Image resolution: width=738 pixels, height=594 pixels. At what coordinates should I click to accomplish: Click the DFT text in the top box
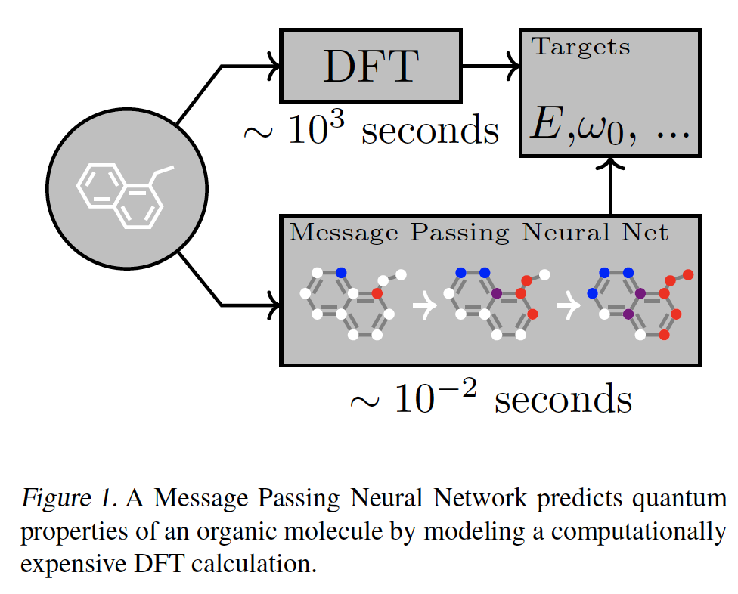point(371,67)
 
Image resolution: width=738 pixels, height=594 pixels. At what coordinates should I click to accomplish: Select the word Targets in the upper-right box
point(581,47)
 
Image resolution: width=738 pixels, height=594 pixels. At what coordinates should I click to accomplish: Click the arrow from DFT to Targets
point(489,67)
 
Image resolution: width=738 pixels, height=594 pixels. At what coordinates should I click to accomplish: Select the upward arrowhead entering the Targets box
point(610,162)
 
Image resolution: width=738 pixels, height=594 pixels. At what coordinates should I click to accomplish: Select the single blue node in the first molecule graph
point(340,273)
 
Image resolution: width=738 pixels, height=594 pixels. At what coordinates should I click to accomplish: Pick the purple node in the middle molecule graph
point(497,292)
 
